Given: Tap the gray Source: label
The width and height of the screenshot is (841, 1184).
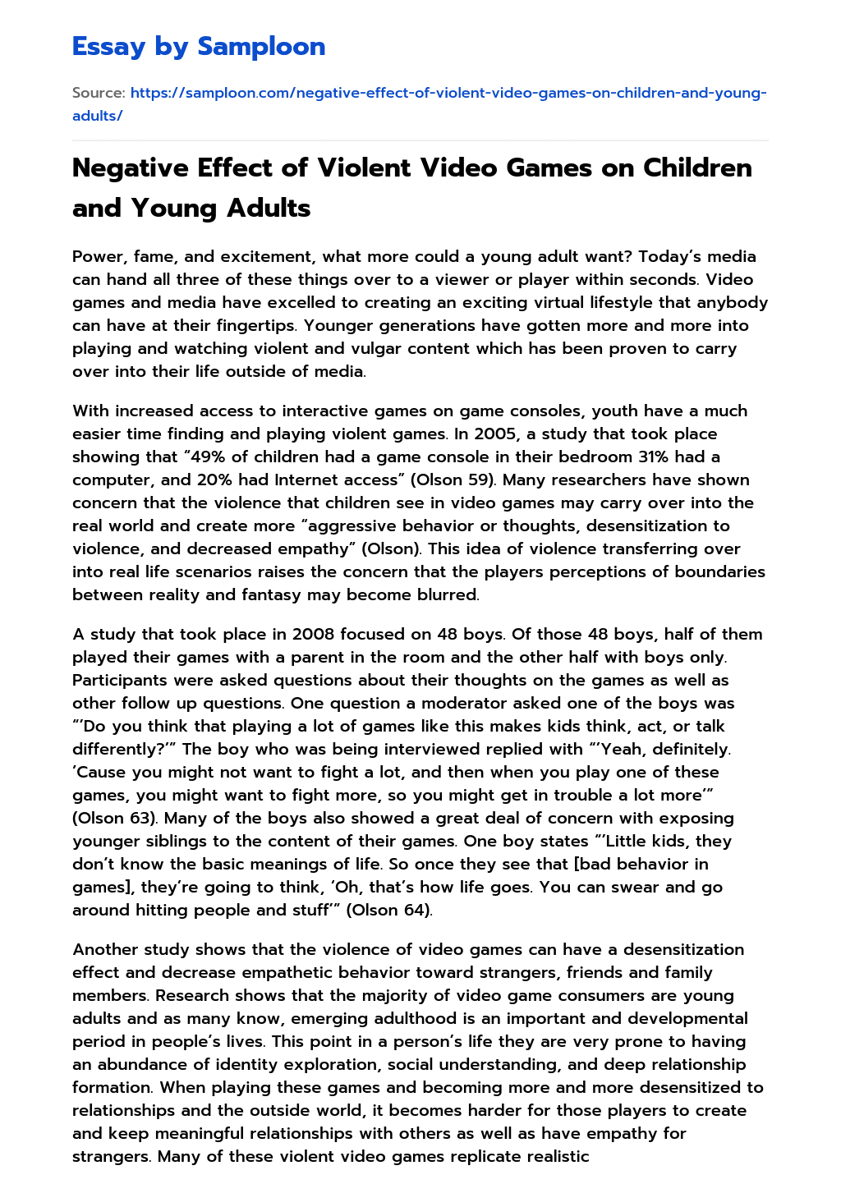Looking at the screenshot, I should tap(99, 93).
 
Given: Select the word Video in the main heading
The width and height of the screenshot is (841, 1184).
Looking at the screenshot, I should tap(465, 168).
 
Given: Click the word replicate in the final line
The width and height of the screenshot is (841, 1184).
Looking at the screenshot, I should tap(473, 1156).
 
